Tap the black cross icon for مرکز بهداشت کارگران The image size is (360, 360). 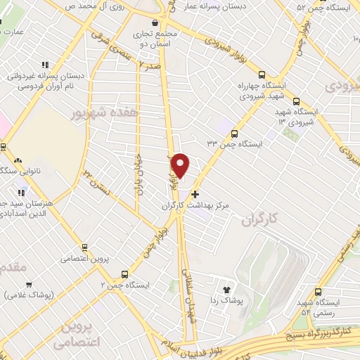pyautogui.click(x=195, y=193)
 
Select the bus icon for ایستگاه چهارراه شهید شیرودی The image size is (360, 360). pyautogui.click(x=262, y=75)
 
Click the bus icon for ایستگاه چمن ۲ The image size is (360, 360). pyautogui.click(x=124, y=274)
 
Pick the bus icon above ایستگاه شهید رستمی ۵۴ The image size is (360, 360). pyautogui.click(x=319, y=292)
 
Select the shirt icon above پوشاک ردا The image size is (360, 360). pyautogui.click(x=226, y=289)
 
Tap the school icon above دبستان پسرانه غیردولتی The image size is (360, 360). pyautogui.click(x=46, y=65)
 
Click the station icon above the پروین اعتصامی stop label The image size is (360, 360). pyautogui.click(x=84, y=247)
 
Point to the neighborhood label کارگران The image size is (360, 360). pyautogui.click(x=257, y=221)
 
